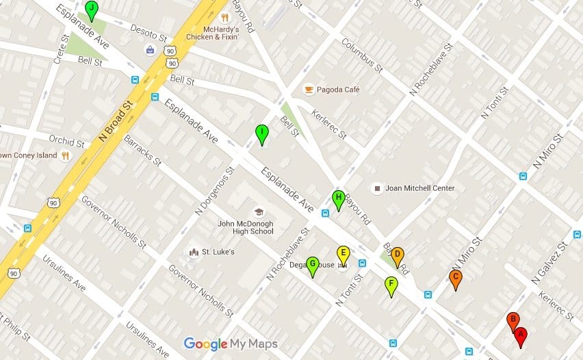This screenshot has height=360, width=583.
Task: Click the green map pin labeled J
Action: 92,9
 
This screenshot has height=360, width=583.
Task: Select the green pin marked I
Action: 261,133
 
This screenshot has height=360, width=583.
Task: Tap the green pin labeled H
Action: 337,198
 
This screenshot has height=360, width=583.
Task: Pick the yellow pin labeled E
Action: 344,253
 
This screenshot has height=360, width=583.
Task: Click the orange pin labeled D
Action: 397,255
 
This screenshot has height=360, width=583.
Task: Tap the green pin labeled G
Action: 312,265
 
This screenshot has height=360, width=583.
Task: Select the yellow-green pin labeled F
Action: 391,285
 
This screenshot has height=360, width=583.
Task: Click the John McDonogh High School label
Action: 246,227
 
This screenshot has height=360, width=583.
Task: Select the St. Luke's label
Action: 218,252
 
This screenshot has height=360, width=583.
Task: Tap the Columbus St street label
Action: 362,54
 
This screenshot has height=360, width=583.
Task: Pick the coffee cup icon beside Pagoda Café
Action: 309,90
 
